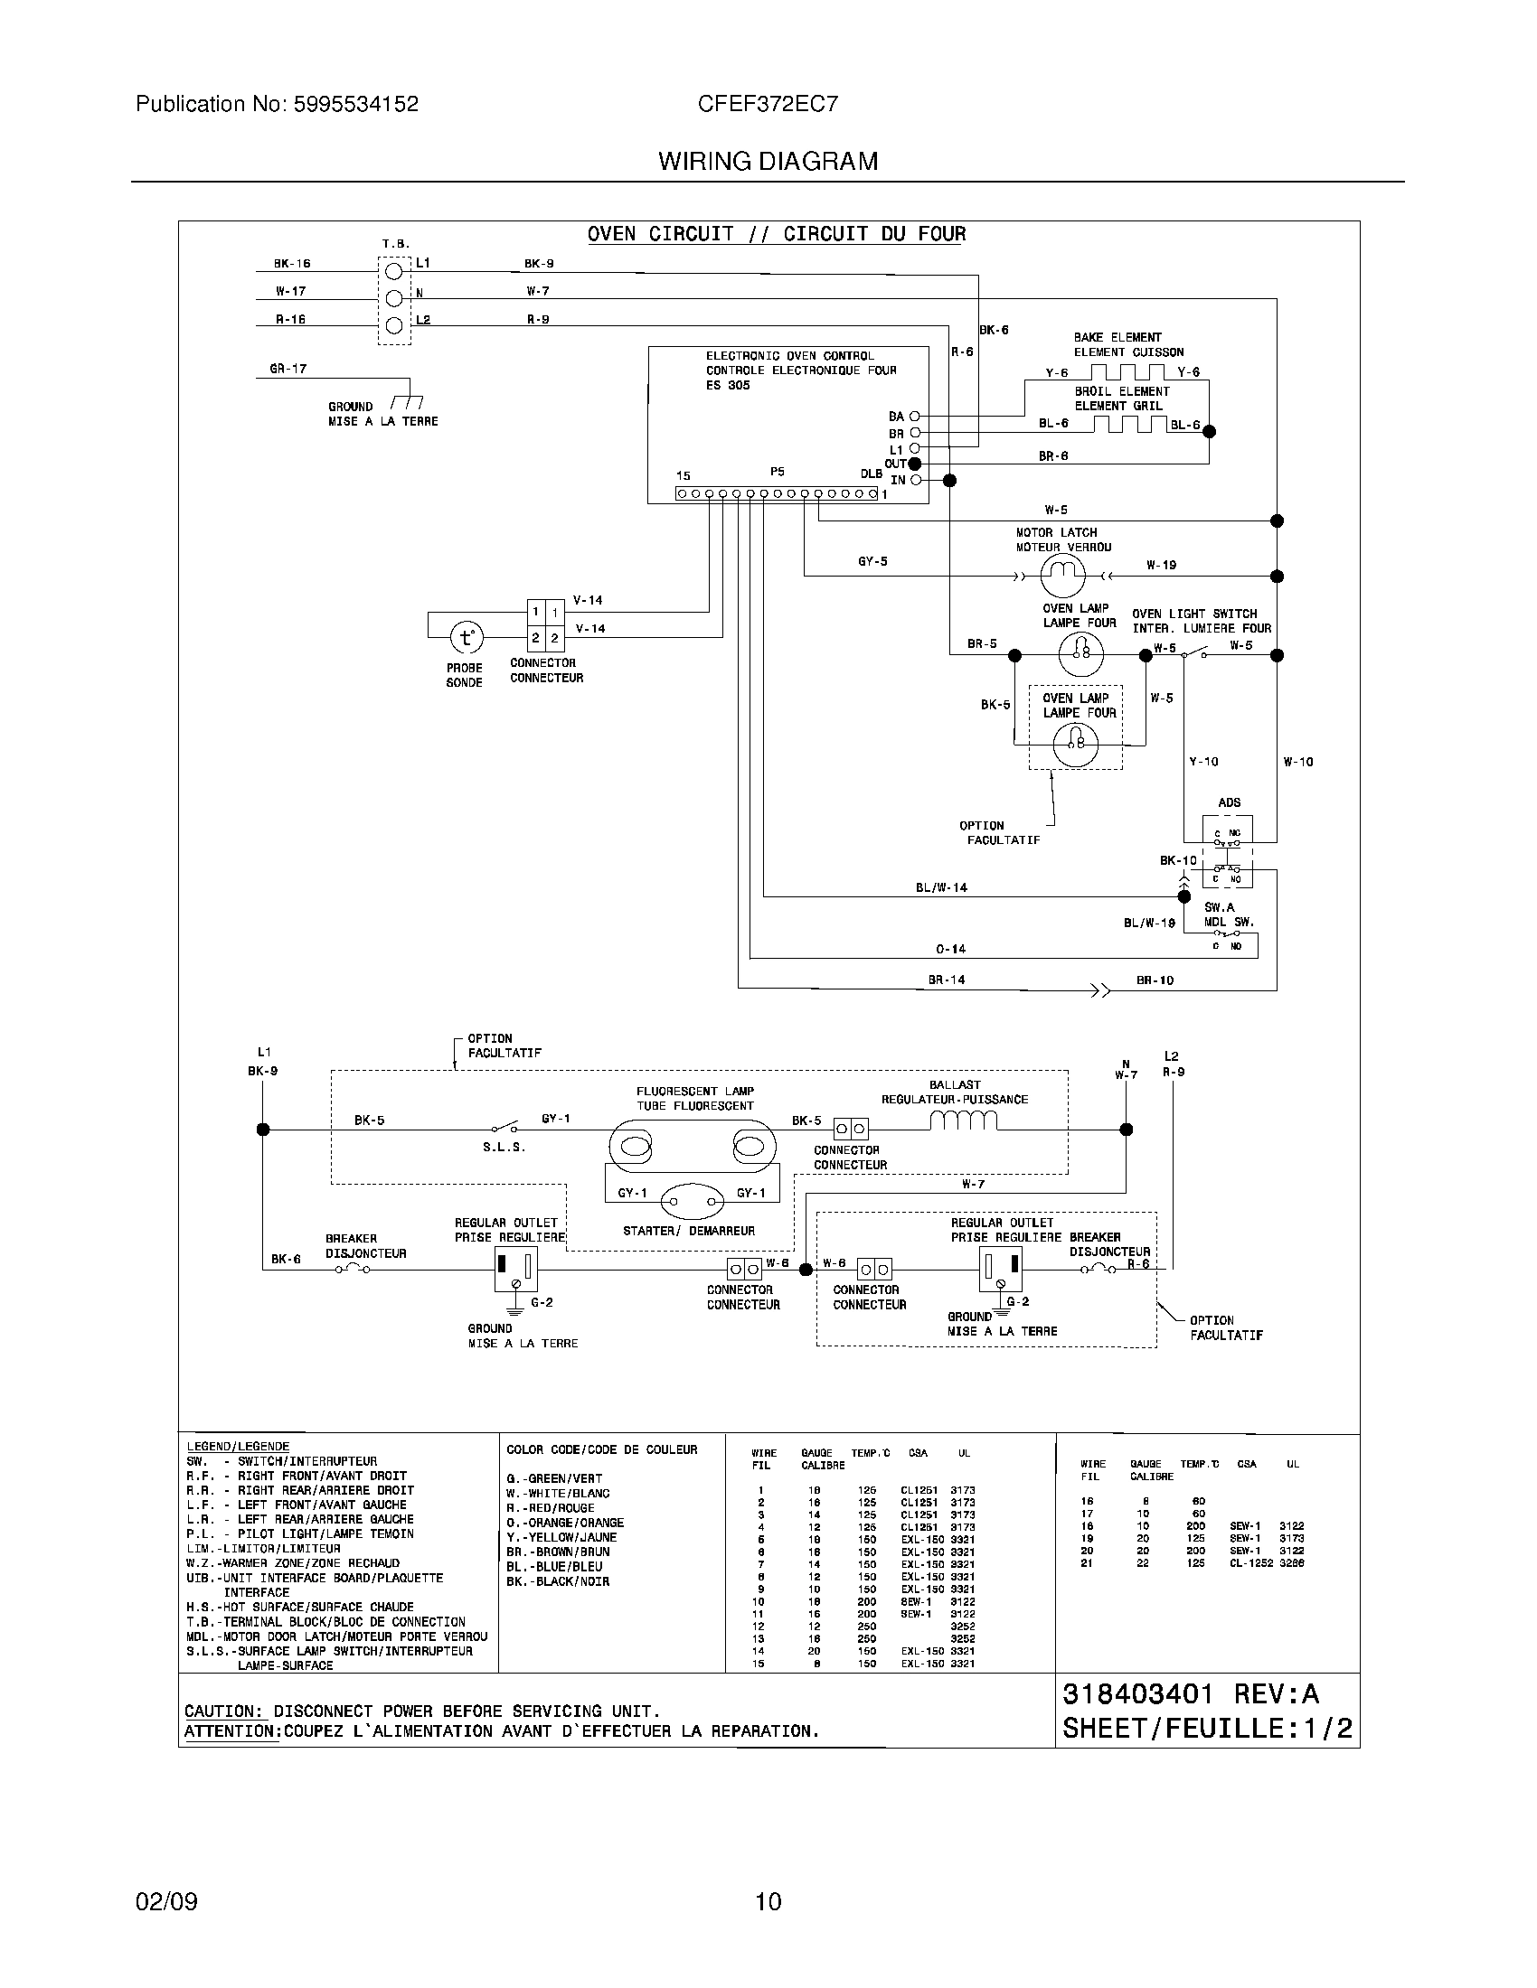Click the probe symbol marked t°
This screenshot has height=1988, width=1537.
point(467,637)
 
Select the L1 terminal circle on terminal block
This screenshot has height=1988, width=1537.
point(394,270)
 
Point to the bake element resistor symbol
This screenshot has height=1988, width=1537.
point(1127,371)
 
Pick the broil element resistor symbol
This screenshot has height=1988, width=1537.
point(1129,424)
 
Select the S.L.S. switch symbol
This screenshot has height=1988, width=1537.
point(504,1127)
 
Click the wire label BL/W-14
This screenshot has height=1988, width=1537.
point(941,887)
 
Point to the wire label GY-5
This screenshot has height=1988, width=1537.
point(872,562)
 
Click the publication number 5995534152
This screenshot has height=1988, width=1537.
point(355,104)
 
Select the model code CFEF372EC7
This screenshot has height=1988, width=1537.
point(768,104)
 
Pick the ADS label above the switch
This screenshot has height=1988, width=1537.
point(1229,802)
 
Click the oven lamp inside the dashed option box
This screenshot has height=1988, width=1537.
point(1075,745)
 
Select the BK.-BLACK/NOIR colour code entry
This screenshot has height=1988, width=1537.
point(557,1581)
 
